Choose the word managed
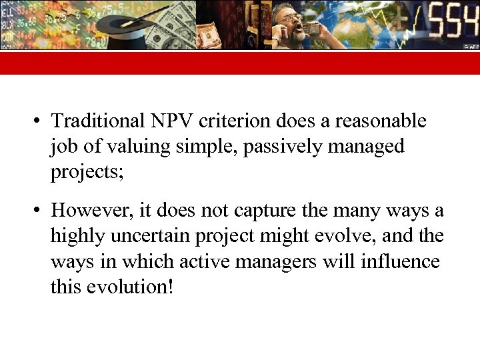tap(369, 146)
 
